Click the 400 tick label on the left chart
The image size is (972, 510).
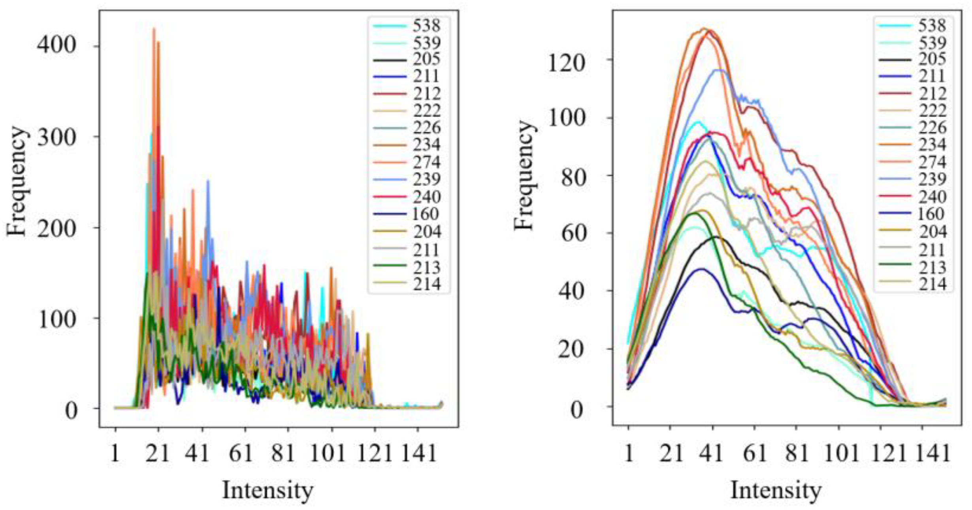pos(56,46)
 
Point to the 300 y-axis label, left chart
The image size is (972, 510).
pos(56,137)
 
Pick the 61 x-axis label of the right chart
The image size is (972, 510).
pos(755,453)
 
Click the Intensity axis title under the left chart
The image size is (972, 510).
pos(267,490)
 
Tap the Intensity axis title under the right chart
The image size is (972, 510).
pos(776,490)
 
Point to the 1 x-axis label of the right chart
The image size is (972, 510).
pos(629,453)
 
